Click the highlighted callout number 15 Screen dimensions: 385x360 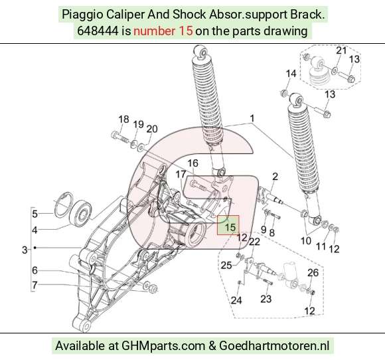point(230,226)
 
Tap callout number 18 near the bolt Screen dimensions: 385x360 point(123,119)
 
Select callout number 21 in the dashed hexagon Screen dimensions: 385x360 point(341,50)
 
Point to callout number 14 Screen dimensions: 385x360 point(291,74)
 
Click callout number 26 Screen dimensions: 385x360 point(313,272)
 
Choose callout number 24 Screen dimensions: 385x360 point(236,300)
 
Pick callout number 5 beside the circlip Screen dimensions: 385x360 point(35,214)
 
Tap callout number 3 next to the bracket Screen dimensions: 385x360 point(25,250)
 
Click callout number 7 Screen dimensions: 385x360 point(35,285)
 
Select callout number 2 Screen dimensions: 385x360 point(275,177)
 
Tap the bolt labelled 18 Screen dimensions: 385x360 point(119,137)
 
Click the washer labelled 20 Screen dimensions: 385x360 point(141,148)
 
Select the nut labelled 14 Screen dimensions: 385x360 point(283,94)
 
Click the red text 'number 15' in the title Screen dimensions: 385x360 point(163,31)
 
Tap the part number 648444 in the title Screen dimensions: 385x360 point(98,31)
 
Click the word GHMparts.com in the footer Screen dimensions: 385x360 point(163,346)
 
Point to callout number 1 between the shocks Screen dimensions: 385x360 point(252,118)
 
